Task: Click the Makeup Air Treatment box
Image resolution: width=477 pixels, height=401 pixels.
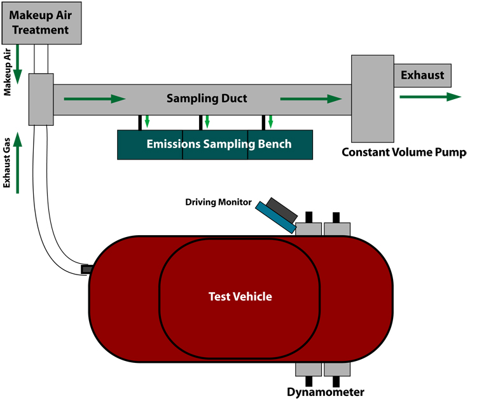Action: [42, 23]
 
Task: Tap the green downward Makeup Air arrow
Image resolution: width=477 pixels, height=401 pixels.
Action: [18, 64]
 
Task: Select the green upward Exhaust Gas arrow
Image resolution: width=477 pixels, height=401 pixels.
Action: [18, 163]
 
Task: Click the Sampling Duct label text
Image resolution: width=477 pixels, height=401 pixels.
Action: [207, 99]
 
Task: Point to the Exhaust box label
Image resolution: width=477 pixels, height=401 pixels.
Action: [422, 75]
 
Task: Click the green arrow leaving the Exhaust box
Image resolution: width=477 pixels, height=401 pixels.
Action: [431, 97]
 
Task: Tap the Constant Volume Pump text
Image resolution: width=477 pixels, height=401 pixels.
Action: [404, 152]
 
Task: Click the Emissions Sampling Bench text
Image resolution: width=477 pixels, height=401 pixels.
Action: [219, 144]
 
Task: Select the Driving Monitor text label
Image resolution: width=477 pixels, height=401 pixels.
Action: [218, 202]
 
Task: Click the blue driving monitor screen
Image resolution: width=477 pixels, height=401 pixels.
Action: [275, 217]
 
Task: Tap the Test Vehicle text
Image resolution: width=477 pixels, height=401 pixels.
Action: [240, 296]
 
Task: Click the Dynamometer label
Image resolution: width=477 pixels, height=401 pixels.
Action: [326, 392]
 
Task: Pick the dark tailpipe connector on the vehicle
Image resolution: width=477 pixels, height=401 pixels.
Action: [86, 269]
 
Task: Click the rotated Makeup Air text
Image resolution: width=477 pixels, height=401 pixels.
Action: [7, 72]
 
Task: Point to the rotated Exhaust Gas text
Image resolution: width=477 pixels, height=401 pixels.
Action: [7, 163]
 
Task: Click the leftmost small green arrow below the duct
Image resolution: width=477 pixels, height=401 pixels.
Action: [148, 121]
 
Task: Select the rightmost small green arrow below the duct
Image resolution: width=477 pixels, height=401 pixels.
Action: [270, 121]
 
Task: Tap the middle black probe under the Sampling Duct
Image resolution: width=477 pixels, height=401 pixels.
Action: [201, 123]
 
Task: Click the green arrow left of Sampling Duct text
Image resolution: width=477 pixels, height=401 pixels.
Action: [95, 99]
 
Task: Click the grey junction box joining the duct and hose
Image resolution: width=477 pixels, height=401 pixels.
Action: [41, 99]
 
